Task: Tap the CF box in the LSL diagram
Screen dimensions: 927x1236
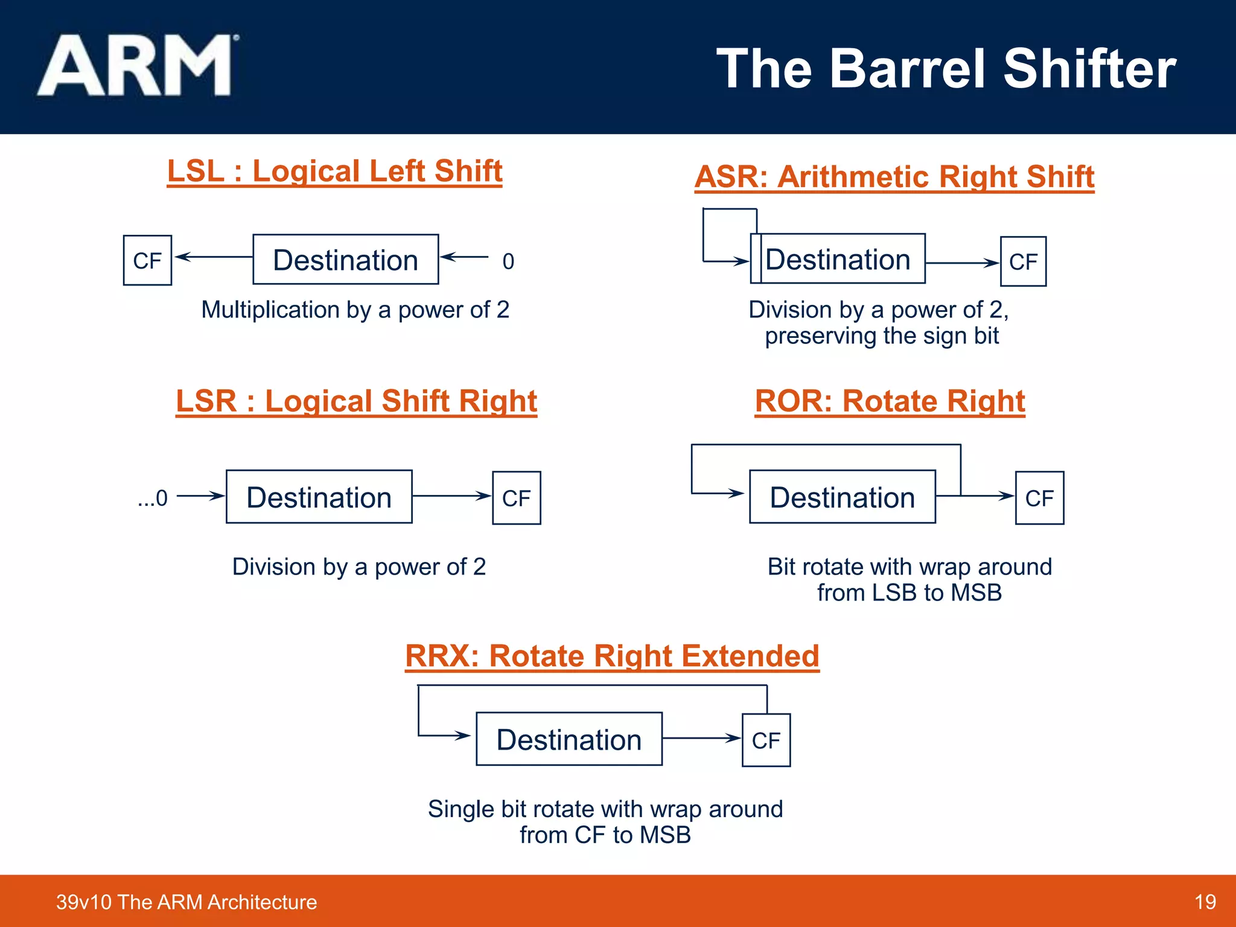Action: [x=147, y=260]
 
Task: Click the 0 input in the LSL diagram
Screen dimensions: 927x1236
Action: [x=508, y=261]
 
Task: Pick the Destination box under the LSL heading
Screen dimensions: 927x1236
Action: [x=345, y=260]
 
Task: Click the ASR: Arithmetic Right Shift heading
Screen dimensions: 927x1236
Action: [x=894, y=177]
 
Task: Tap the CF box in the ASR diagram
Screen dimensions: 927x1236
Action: [x=1023, y=261]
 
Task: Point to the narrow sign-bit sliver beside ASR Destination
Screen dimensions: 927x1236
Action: [x=756, y=259]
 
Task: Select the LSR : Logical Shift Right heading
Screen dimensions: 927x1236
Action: [x=356, y=401]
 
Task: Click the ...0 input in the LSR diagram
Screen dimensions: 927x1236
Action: [x=153, y=499]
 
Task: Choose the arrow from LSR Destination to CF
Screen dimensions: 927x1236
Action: [x=451, y=496]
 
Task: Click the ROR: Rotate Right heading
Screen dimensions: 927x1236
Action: [x=890, y=401]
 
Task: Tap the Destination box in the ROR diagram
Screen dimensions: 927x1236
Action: [x=842, y=497]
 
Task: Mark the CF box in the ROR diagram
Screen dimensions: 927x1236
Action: [x=1039, y=498]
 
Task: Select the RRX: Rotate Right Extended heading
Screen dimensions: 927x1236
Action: [x=612, y=656]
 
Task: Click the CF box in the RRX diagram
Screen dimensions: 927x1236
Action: [x=766, y=740]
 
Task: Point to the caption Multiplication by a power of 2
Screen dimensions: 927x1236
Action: [x=355, y=310]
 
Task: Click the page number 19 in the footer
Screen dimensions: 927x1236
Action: [x=1205, y=902]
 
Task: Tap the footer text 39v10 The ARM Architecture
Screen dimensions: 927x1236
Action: [x=186, y=902]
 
